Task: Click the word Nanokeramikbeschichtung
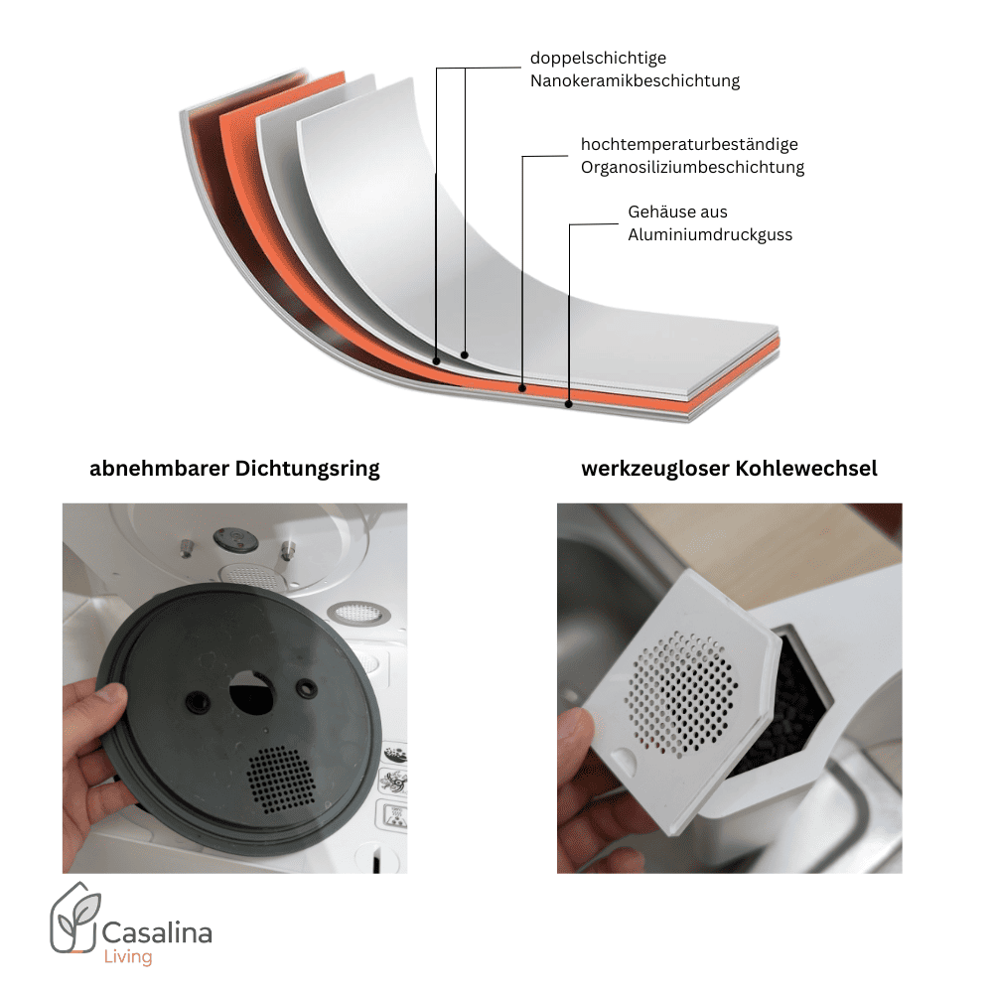tap(635, 81)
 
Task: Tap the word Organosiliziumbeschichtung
tap(692, 167)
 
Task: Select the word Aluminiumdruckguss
tap(710, 235)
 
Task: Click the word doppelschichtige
tap(598, 59)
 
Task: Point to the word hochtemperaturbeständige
tap(689, 144)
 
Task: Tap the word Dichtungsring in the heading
tap(307, 470)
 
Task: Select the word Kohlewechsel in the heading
tap(805, 469)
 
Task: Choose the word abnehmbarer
tap(159, 469)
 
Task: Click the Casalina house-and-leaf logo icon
tap(75, 918)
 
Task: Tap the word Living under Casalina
tap(128, 957)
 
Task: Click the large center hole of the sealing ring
tap(251, 693)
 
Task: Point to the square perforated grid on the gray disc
tap(281, 779)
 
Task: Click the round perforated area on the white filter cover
tap(681, 694)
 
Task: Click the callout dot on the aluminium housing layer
tap(569, 404)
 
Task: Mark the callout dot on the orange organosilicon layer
tap(522, 388)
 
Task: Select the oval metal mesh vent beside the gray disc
tap(358, 613)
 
